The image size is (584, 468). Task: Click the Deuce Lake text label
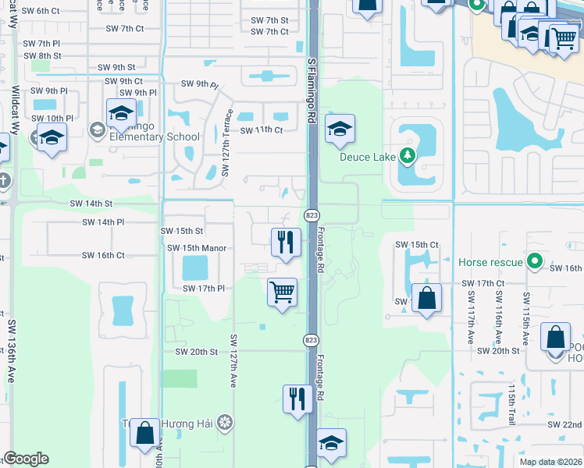[368, 156]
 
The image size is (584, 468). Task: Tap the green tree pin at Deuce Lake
[406, 156]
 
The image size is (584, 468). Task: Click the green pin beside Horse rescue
[534, 261]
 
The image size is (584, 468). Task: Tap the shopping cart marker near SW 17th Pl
[282, 292]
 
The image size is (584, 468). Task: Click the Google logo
[26, 459]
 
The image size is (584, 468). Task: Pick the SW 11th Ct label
[262, 129]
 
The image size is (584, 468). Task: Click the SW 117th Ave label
[471, 317]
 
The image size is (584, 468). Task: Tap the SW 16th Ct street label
[103, 255]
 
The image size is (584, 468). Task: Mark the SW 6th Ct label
[41, 11]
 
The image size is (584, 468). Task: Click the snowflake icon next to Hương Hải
[225, 423]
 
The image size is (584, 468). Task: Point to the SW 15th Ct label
[417, 245]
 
